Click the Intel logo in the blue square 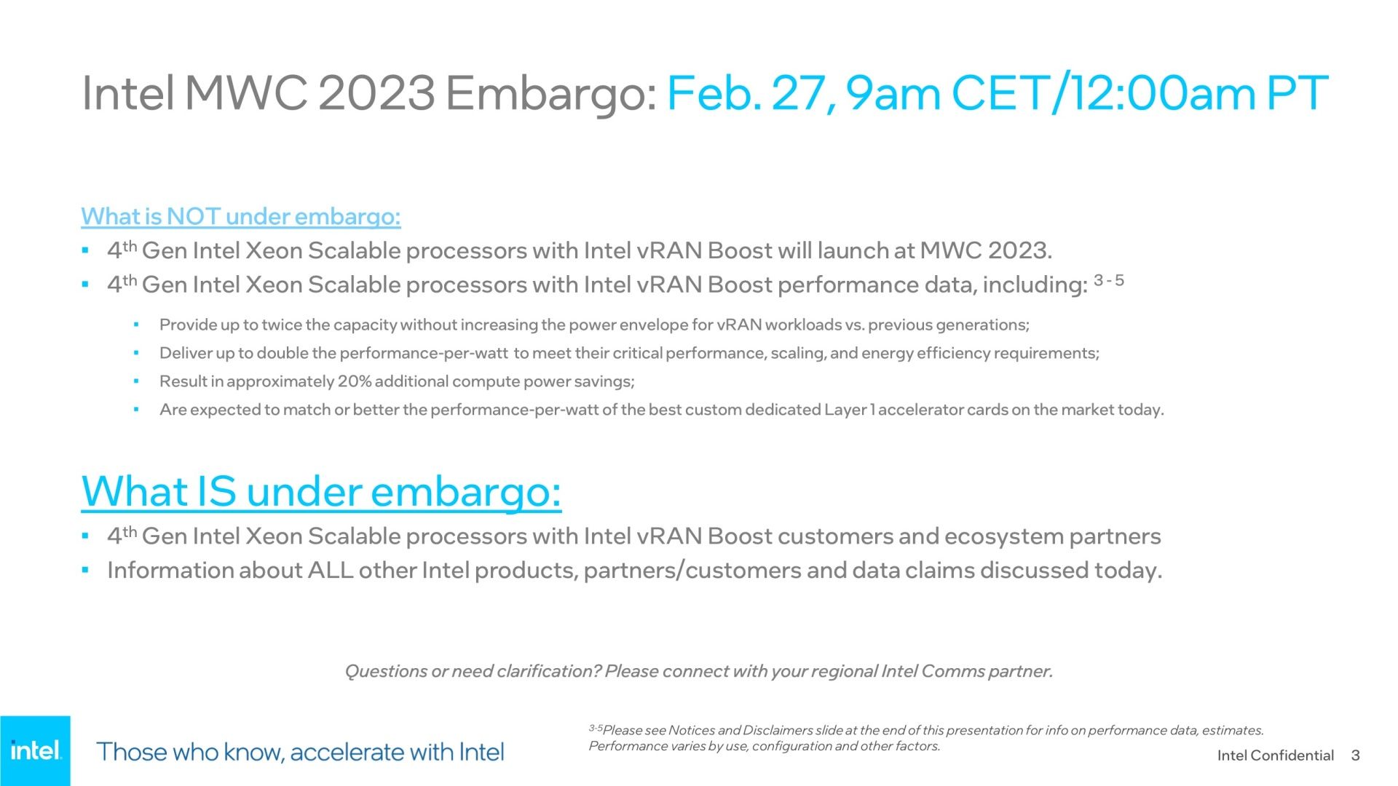[36, 750]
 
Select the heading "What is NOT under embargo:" [241, 216]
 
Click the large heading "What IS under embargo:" [321, 491]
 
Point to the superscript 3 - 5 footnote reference [1108, 280]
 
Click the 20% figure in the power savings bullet [355, 381]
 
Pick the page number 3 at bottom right [1355, 755]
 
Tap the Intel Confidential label [1276, 755]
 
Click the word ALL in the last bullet [331, 570]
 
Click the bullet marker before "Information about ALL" [85, 571]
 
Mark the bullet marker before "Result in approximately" [135, 382]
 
